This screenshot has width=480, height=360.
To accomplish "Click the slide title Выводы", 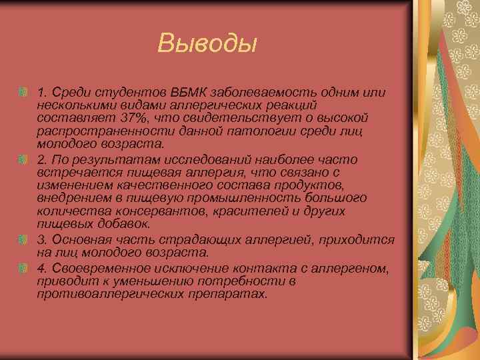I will pos(207,44).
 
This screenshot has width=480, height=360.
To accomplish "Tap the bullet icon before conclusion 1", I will pos(23,91).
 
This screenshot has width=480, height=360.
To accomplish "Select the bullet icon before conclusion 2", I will pos(23,159).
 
